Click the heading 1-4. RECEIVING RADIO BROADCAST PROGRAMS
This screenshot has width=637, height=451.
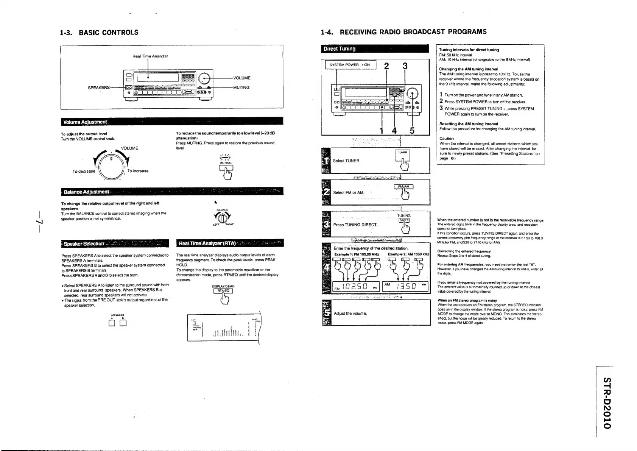click(403, 32)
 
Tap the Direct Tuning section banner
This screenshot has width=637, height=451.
click(339, 49)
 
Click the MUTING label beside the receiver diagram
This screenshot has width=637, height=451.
click(241, 87)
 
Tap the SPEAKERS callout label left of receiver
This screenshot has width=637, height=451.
click(98, 87)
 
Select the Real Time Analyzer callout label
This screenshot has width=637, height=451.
click(150, 56)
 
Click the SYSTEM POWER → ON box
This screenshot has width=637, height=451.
click(349, 65)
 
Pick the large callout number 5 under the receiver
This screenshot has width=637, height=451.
click(412, 131)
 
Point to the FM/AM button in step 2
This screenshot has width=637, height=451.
click(403, 186)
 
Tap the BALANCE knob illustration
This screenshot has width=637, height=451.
click(223, 218)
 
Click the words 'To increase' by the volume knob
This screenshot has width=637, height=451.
click(138, 171)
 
